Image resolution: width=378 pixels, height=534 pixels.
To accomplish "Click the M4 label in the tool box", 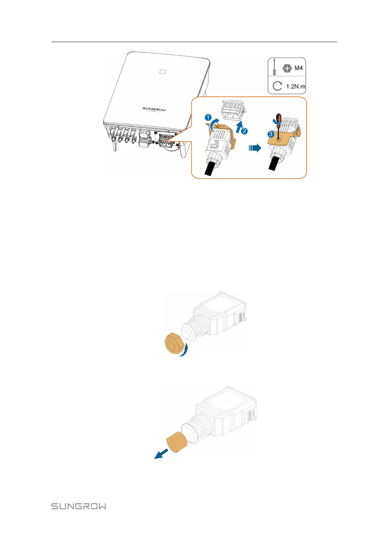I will click(298, 68).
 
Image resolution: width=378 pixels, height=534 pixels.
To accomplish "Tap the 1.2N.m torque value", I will click(295, 87).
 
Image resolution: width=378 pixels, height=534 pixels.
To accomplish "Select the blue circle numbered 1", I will click(208, 117).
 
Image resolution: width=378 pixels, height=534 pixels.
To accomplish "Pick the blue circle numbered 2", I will click(244, 131).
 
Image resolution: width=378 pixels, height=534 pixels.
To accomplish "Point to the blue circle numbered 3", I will click(270, 134).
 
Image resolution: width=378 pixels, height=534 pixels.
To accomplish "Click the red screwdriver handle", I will click(279, 118).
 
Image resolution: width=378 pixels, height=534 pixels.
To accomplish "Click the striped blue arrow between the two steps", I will click(255, 148).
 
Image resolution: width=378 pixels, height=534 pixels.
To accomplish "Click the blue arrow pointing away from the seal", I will click(161, 454).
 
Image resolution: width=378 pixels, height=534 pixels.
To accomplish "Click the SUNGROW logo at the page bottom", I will click(79, 506).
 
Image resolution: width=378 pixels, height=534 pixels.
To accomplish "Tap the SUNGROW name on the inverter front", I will click(154, 109).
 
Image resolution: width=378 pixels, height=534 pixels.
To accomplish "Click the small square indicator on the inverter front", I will click(163, 71).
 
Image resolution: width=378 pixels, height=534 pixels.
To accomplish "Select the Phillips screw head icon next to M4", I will click(287, 68).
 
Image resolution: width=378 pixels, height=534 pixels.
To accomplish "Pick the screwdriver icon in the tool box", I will click(274, 67).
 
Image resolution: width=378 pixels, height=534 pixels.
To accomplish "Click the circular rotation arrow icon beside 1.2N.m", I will click(277, 86).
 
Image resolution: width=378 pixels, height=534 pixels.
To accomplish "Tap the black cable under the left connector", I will click(210, 169).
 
